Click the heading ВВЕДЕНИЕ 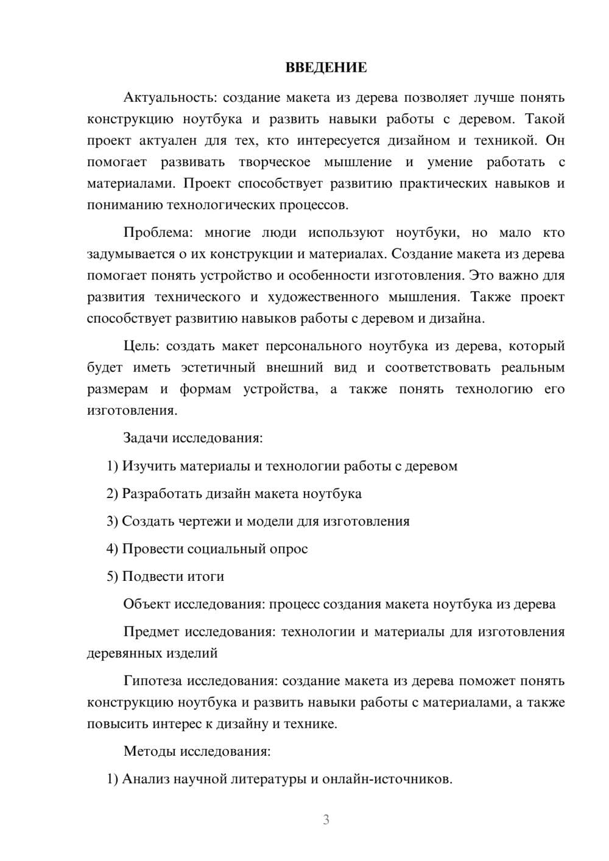point(326,68)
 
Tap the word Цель point(141,346)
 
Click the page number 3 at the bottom point(326,820)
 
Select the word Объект point(147,604)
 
